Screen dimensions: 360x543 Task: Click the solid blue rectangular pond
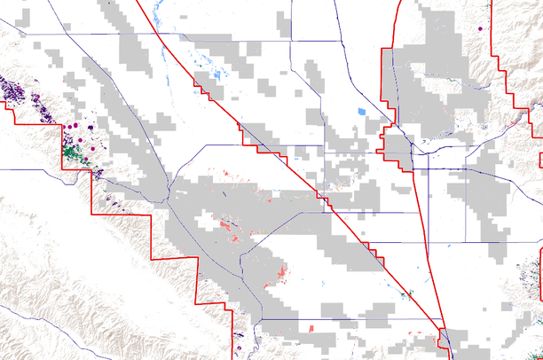360,112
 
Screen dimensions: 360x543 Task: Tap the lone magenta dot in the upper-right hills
480,28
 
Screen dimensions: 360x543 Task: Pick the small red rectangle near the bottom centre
311,329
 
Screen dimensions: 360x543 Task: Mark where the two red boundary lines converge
441,331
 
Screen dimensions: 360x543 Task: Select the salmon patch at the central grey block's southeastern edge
283,269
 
